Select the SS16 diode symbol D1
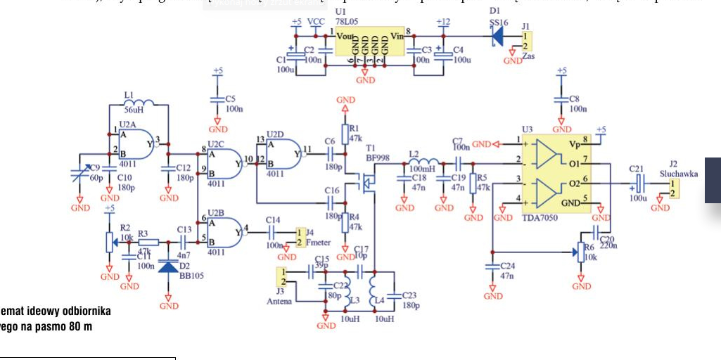[x=498, y=35]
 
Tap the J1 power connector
[x=526, y=40]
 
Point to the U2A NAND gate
[x=138, y=143]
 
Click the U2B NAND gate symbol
[x=225, y=229]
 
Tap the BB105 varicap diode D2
[x=169, y=266]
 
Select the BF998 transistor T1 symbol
[x=367, y=185]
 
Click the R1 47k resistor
[x=346, y=134]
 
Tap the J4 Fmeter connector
[x=301, y=237]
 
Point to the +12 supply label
[x=442, y=22]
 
